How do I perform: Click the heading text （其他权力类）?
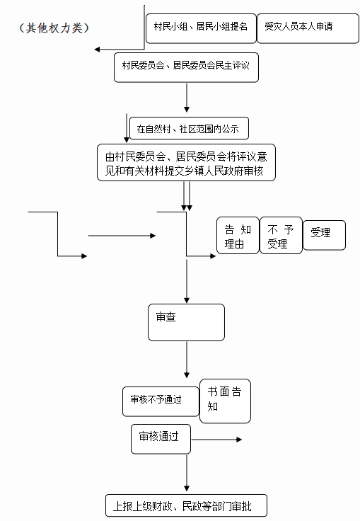54,28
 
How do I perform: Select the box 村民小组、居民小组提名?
201,28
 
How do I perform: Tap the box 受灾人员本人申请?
308,28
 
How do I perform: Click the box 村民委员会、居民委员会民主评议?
186,67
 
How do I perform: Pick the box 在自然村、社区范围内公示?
189,128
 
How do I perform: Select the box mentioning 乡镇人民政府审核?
186,163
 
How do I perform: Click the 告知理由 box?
238,235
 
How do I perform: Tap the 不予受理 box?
281,235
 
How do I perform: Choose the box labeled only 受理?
324,235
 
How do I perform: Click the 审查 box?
186,322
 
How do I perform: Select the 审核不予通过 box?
161,401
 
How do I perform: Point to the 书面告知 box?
225,401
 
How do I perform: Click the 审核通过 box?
161,439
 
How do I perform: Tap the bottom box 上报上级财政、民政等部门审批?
186,505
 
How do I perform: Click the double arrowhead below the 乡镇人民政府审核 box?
187,208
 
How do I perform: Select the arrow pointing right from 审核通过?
216,440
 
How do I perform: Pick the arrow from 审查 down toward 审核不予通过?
187,360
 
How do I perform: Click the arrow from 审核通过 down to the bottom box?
187,473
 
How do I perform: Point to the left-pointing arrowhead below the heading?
97,50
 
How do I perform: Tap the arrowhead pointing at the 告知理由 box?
213,256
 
